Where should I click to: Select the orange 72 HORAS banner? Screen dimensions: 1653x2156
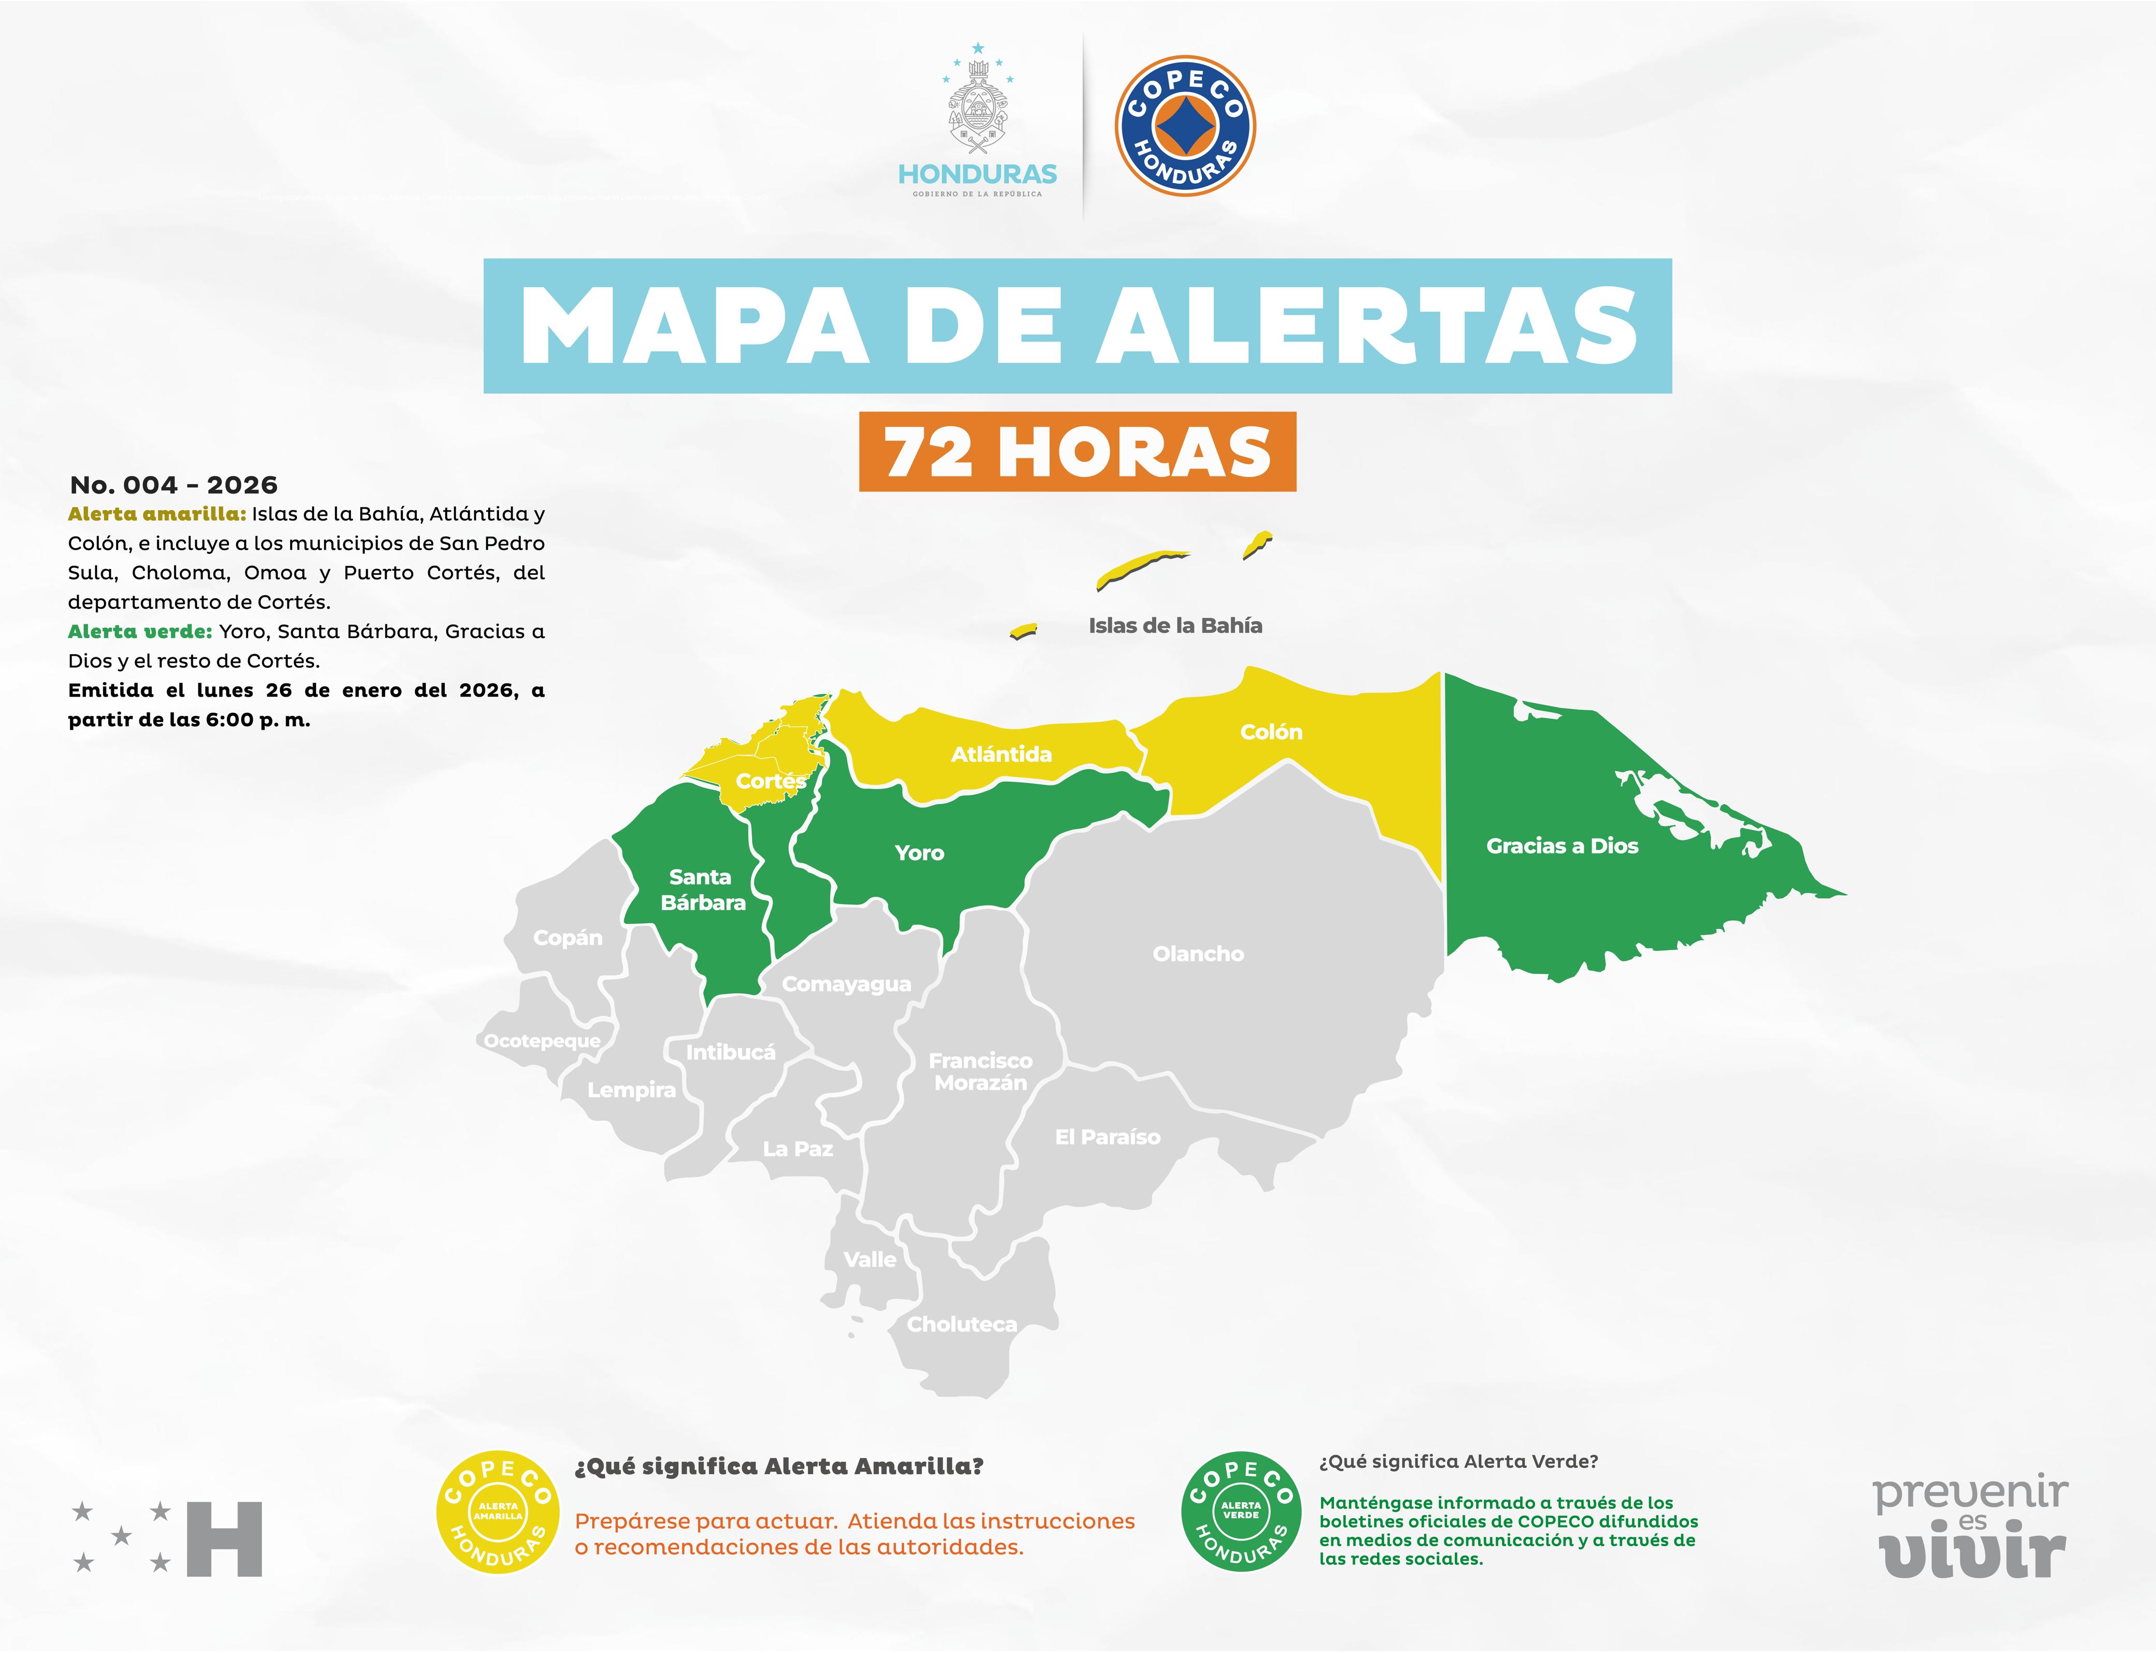click(x=1077, y=451)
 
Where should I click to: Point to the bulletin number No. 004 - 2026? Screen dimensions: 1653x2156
click(x=173, y=485)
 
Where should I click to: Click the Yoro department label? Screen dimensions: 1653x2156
click(x=919, y=853)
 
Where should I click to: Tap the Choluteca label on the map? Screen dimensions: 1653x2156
click(x=961, y=1324)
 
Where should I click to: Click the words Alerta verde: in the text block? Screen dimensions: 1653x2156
click(x=139, y=632)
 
